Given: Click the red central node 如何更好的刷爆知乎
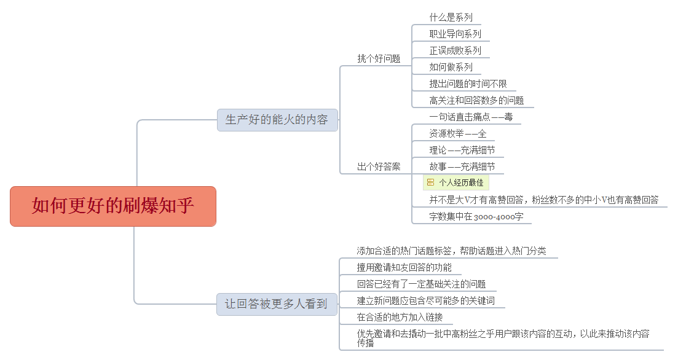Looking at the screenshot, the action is (x=113, y=206).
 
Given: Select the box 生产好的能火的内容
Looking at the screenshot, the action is (x=277, y=120).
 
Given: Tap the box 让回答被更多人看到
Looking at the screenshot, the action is (x=277, y=304).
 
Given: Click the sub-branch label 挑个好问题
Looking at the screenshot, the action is (x=379, y=59).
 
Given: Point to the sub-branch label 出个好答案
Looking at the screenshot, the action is (x=379, y=167).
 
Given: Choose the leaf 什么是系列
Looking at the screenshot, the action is (x=451, y=17).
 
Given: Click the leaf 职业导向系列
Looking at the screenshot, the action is (x=455, y=34).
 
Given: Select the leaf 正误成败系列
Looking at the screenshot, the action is (x=455, y=50).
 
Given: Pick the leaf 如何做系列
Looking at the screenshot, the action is (x=451, y=67).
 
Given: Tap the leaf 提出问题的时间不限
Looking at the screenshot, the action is (x=468, y=84).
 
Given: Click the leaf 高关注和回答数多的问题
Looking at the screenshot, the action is (x=476, y=100).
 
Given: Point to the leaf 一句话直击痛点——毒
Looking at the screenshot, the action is (x=471, y=117).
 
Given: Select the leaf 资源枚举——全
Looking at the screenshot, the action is (x=458, y=133).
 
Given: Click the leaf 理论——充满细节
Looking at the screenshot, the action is (x=462, y=150).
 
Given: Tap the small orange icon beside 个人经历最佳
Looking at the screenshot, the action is (x=431, y=182).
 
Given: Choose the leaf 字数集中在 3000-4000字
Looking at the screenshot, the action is (x=476, y=216).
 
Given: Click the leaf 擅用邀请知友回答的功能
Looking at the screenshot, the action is (x=404, y=267).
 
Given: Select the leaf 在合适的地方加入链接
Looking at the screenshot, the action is (x=400, y=317).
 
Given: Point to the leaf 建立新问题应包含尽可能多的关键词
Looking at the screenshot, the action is (x=426, y=301).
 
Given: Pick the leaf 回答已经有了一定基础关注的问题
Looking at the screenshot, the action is (x=422, y=284).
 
